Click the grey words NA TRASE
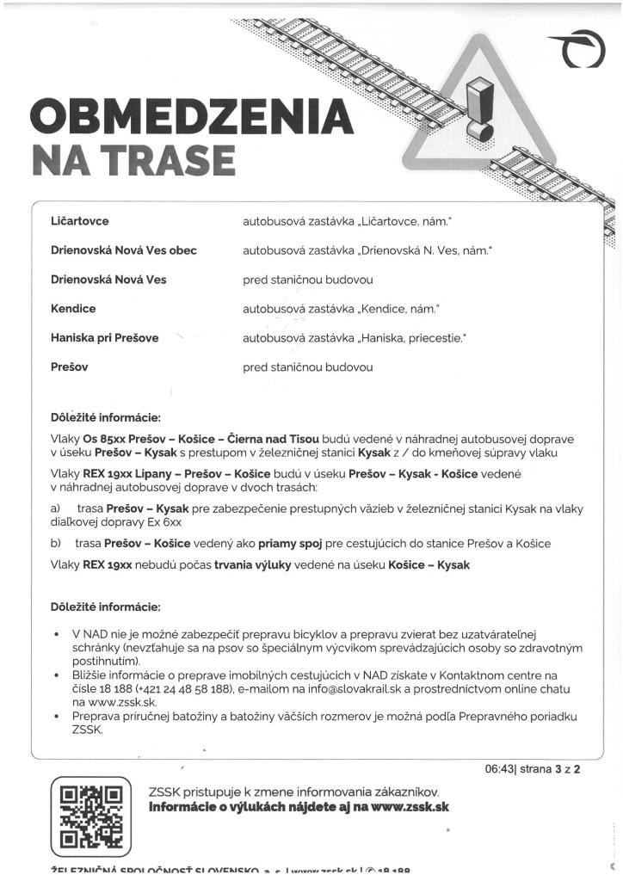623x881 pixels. click(133, 159)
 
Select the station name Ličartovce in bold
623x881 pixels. click(80, 222)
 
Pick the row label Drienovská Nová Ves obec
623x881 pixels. click(124, 250)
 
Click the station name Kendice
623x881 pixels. click(74, 308)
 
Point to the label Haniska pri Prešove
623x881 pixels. click(105, 337)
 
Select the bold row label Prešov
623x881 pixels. click(70, 367)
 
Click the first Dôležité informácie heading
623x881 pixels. click(106, 418)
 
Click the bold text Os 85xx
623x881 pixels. click(103, 439)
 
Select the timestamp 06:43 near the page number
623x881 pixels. click(498, 768)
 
